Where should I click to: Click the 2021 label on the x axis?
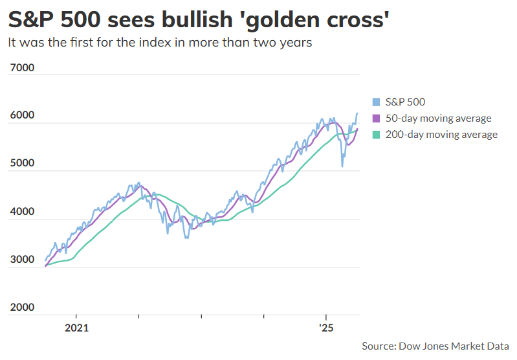tap(76, 328)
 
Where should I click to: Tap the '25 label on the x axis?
tap(325, 328)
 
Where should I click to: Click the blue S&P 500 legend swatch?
tap(376, 102)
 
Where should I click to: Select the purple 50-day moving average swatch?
tap(376, 118)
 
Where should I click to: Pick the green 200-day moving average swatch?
tap(376, 135)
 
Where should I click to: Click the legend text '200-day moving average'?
tap(441, 135)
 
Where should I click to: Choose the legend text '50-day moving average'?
tap(438, 118)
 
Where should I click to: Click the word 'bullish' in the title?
tap(195, 21)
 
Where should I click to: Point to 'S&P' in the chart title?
tap(30, 21)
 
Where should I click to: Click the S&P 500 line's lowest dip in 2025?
tap(342, 166)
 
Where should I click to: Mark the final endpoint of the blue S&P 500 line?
tap(357, 113)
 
